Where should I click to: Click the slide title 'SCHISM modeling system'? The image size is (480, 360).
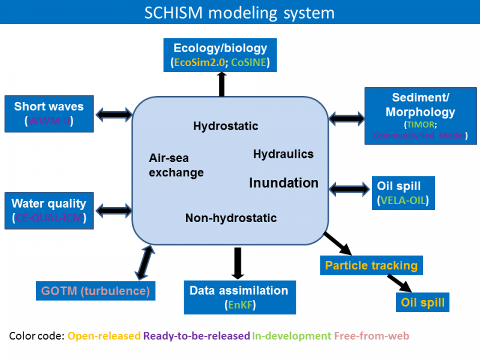tap(239, 13)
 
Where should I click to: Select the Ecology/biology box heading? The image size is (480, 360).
tap(220, 48)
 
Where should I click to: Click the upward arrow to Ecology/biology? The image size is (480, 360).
tap(221, 84)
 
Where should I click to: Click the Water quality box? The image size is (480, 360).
tap(49, 210)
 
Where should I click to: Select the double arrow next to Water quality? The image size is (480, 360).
tap(113, 210)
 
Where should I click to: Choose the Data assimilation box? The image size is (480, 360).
tap(239, 297)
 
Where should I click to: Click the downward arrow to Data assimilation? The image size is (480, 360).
tap(238, 263)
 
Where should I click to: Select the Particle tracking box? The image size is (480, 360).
tap(371, 265)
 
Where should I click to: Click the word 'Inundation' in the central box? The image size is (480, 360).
tap(284, 183)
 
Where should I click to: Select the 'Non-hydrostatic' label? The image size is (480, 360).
tap(231, 218)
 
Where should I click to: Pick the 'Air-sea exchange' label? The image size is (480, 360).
tap(176, 165)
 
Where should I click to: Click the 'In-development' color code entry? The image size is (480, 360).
tap(291, 336)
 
